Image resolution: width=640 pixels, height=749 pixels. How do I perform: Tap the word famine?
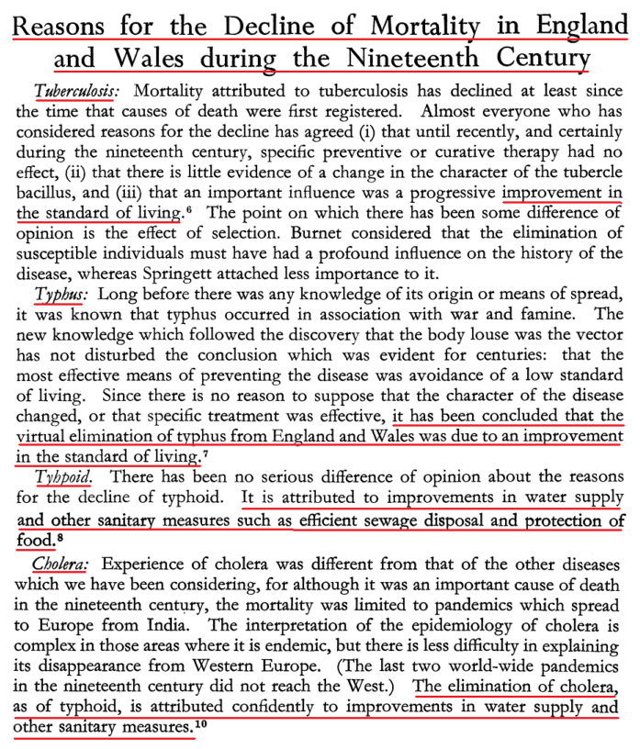(x=515, y=315)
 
